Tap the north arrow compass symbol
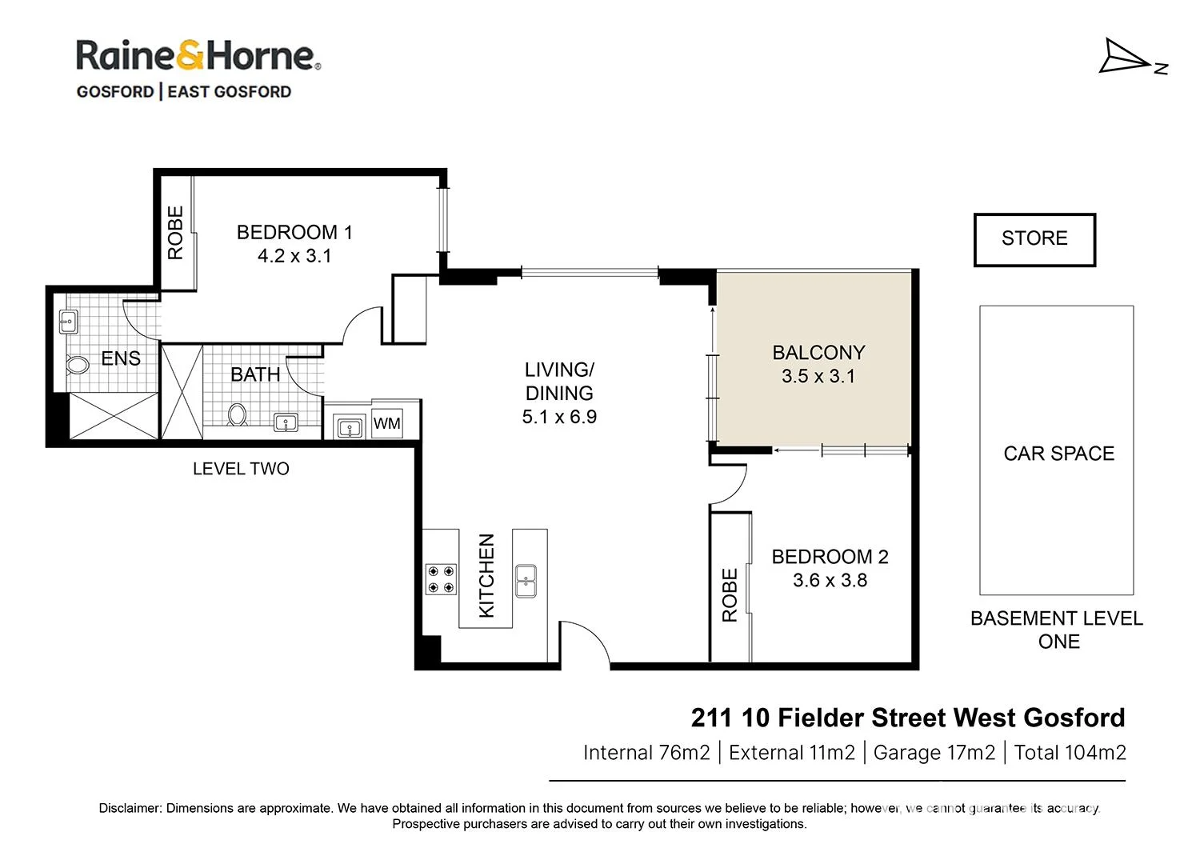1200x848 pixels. coord(1129,58)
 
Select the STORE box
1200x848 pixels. coord(1034,239)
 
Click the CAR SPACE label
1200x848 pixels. coord(1058,454)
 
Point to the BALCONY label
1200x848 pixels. coord(818,353)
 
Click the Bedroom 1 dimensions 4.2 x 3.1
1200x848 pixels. coord(294,256)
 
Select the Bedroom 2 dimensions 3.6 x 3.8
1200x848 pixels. coord(830,581)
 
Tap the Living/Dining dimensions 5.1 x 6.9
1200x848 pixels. coord(559,417)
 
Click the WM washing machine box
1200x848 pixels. coord(387,423)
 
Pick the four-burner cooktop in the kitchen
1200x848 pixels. coord(440,580)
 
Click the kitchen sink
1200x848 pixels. coord(526,580)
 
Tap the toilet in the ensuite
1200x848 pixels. coord(78,366)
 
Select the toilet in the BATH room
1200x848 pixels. coord(238,414)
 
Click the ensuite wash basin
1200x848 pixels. coord(69,322)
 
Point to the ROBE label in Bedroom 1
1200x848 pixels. coord(175,233)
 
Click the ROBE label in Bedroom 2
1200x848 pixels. coord(730,595)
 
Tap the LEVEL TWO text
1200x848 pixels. coord(241,469)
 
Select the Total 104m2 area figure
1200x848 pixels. coord(1070,753)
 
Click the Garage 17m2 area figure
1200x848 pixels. coord(934,753)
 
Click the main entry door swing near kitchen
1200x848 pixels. coord(585,642)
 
